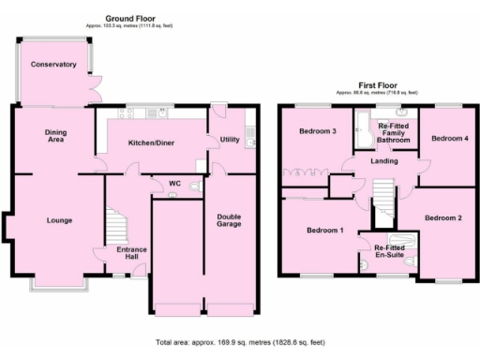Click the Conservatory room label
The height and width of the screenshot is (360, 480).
[x=52, y=64]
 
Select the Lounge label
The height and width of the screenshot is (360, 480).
[x=60, y=220]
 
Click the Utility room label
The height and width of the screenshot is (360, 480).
[x=229, y=140]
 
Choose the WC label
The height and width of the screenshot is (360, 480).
[x=173, y=183]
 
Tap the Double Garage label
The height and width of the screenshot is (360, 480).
[x=229, y=221]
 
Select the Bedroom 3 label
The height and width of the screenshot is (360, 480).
[x=318, y=131]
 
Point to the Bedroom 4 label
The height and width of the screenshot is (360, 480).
[x=447, y=139]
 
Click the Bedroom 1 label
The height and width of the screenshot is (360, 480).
[x=326, y=230]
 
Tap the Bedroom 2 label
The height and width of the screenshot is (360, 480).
[x=442, y=217]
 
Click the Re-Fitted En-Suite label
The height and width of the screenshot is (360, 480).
[x=390, y=249]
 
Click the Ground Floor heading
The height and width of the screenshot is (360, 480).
[x=130, y=18]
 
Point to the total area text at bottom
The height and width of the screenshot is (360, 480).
[x=241, y=343]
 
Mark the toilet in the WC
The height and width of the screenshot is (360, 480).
[x=194, y=187]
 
